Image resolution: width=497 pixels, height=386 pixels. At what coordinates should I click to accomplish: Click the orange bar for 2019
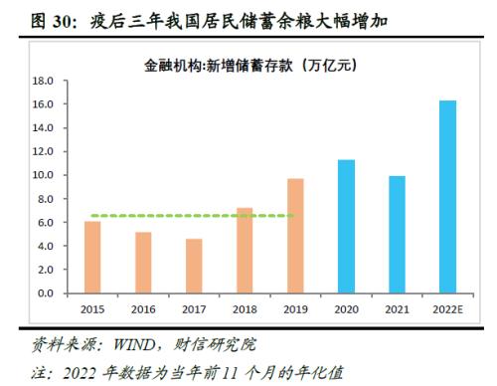pyautogui.click(x=295, y=237)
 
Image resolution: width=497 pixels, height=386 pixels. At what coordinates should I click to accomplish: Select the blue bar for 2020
pyautogui.click(x=346, y=227)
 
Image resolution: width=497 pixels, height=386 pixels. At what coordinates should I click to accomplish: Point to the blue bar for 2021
pyautogui.click(x=398, y=235)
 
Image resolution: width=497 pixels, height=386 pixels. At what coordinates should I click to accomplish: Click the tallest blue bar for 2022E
pyautogui.click(x=448, y=197)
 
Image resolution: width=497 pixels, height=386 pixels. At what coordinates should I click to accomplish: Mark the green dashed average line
pyautogui.click(x=179, y=216)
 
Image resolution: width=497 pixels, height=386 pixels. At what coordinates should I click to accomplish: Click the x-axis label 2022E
pyautogui.click(x=448, y=309)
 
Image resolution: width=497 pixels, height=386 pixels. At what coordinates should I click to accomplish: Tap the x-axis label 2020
pyautogui.click(x=346, y=309)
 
